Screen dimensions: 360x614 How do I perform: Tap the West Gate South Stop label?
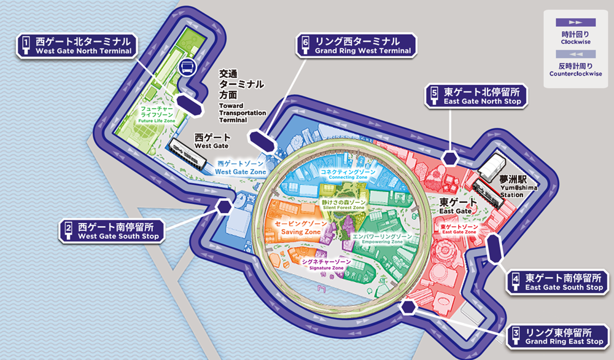[x=113, y=231]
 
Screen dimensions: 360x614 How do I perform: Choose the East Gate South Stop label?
[x=558, y=283]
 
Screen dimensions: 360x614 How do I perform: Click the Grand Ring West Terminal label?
[x=356, y=46]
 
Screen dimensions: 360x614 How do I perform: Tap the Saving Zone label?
[x=295, y=229]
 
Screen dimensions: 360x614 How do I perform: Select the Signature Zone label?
[x=326, y=265]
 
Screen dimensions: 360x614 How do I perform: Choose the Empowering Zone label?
[x=382, y=238]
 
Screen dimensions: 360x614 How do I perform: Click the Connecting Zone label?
[x=348, y=174]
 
